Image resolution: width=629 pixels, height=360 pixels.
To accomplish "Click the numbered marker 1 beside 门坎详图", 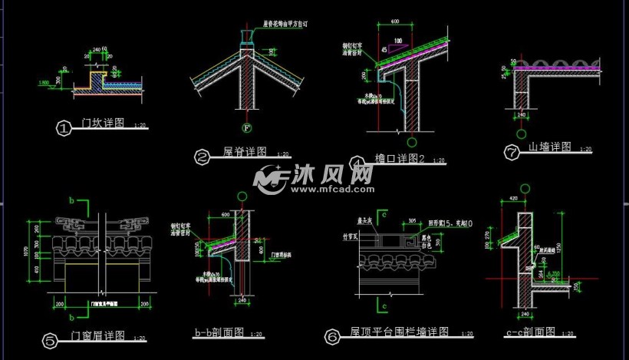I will [64, 128].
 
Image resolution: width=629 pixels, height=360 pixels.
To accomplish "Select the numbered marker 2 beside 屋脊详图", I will [203, 158].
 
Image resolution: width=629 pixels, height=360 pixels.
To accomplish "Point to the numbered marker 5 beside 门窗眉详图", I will [50, 340].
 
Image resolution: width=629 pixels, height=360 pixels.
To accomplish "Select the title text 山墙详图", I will [550, 147].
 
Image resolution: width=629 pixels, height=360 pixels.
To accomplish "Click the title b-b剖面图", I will [219, 333].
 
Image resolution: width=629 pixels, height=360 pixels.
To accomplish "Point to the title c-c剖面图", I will [530, 333].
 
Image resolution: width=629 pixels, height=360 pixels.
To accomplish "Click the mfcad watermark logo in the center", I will [315, 179].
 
